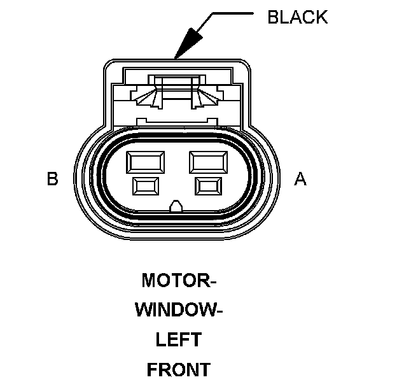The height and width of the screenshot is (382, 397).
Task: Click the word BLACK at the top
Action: point(297,17)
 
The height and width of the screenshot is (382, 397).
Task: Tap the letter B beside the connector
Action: point(53,179)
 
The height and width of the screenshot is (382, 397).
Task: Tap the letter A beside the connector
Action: point(300,179)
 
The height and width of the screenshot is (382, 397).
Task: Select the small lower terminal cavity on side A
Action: point(209,186)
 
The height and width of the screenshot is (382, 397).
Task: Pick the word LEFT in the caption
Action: point(178,339)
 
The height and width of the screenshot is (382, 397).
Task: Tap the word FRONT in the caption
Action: point(178,369)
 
